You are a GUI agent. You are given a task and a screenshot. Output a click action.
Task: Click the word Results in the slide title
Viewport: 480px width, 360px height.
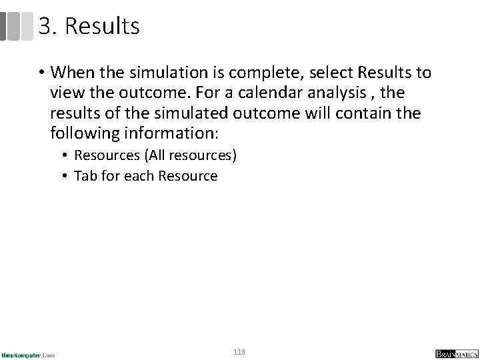pos(103,27)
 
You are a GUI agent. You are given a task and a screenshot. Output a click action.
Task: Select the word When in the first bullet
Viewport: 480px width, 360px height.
pos(74,71)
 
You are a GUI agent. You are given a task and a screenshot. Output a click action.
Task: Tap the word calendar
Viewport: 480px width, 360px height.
pos(277,92)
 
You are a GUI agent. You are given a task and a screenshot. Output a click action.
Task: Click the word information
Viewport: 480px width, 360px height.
pos(175,133)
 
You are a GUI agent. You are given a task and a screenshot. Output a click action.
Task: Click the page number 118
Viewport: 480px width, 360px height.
pos(239,351)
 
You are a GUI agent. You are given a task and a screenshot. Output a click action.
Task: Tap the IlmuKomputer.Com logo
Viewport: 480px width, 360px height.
pos(29,354)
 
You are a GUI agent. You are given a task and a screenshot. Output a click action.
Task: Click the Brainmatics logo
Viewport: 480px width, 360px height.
pos(453,353)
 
